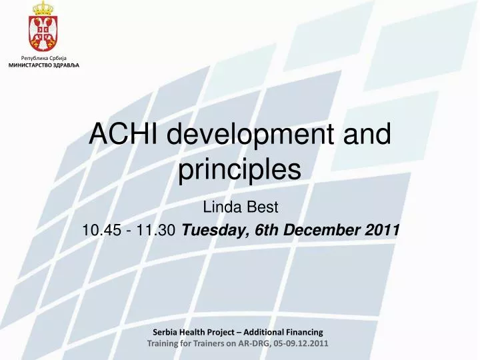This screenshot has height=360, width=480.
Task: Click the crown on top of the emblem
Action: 43,9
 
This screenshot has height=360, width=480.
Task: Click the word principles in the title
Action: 239,169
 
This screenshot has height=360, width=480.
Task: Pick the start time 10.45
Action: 101,231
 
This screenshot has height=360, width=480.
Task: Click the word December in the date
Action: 321,231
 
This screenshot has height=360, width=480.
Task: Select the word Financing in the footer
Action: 300,331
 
